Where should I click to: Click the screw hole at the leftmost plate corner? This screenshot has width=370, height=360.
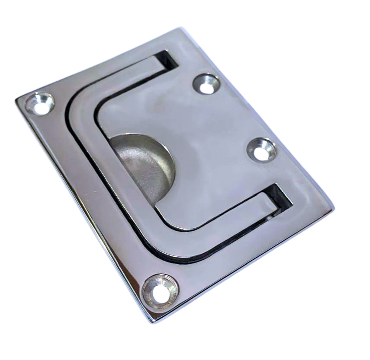tap(40, 104)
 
